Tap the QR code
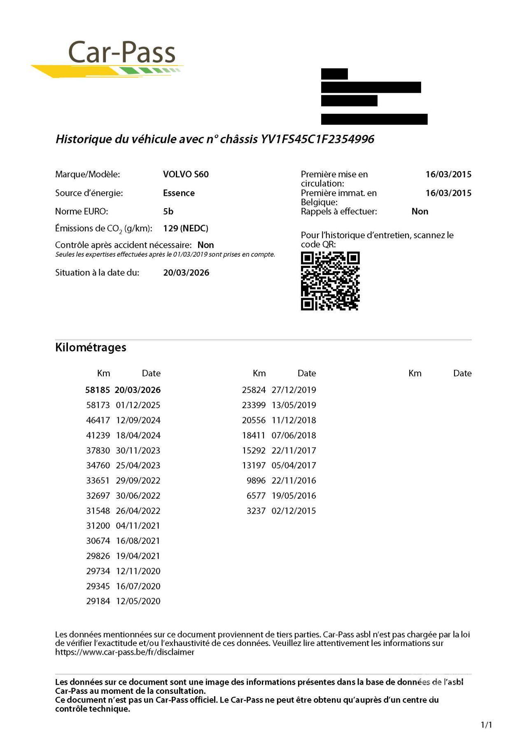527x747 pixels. (330, 281)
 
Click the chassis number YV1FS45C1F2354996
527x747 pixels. (317, 139)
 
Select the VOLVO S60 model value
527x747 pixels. (186, 174)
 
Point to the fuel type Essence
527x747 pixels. (179, 193)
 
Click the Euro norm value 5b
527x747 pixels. (168, 211)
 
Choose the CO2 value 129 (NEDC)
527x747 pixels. (186, 228)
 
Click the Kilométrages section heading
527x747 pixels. (91, 347)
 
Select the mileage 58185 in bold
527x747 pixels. (98, 390)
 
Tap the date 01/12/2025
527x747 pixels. (138, 405)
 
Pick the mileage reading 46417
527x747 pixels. (98, 420)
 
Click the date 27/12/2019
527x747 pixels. (294, 390)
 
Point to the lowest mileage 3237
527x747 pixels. (256, 511)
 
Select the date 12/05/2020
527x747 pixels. (138, 601)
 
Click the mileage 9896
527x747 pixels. (256, 481)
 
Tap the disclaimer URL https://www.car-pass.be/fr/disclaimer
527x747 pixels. (125, 652)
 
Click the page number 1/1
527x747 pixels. (486, 725)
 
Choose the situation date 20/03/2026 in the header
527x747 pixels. (186, 272)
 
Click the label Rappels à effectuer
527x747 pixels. (339, 211)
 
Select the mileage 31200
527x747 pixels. (98, 526)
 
